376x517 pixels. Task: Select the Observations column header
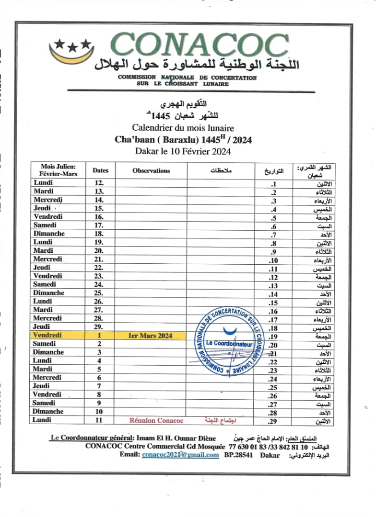151,170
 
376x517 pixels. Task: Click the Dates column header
100,170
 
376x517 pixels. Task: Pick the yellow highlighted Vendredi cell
48,336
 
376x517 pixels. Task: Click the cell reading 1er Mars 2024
150,336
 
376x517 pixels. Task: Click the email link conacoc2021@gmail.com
180,455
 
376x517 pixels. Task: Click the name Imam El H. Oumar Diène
176,438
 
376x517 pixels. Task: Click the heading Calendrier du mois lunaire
184,128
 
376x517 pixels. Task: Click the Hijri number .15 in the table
273,303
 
